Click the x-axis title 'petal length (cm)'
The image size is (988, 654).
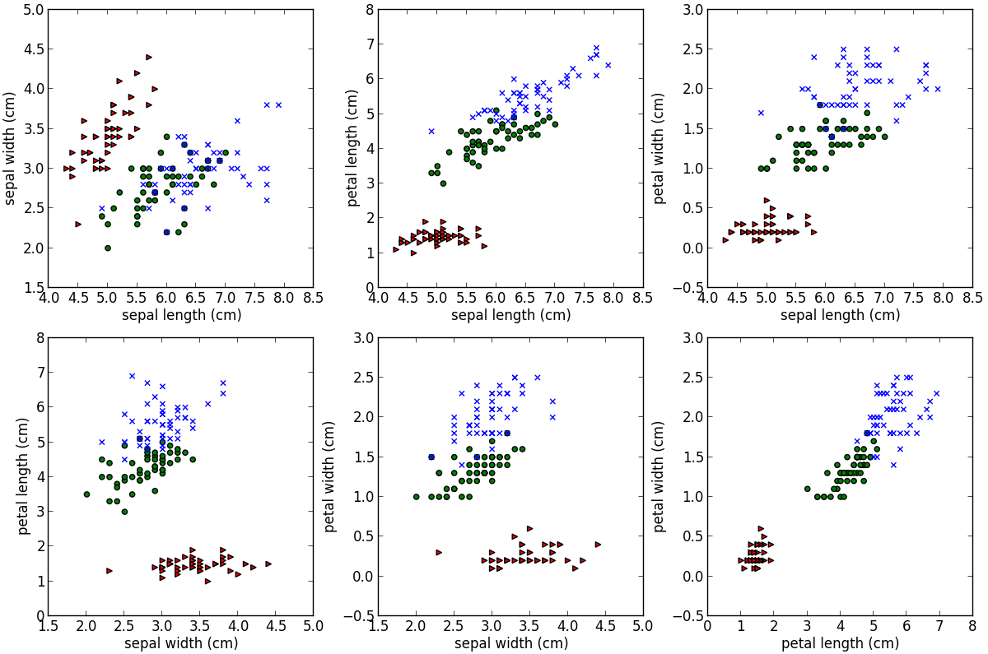click(x=840, y=643)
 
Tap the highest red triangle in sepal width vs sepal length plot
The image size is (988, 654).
click(x=149, y=57)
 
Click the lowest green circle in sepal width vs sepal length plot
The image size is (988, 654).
click(x=107, y=248)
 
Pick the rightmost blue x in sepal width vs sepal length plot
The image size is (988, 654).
click(x=278, y=104)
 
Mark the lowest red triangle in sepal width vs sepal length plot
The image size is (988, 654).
click(x=78, y=224)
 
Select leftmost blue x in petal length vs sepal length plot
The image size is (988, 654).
click(x=431, y=131)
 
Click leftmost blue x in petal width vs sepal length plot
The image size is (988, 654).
click(x=761, y=113)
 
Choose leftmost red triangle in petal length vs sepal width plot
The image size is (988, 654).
click(x=109, y=570)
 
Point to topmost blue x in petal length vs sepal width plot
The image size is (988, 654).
click(x=132, y=376)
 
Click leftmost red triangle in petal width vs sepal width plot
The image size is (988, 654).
click(x=439, y=552)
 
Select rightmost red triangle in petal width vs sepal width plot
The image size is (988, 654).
click(x=598, y=544)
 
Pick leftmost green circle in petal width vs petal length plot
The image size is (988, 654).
click(x=807, y=489)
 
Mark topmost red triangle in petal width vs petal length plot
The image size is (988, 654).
click(x=761, y=528)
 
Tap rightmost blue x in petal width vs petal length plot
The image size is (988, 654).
click(x=936, y=393)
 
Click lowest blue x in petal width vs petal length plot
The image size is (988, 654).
click(x=892, y=465)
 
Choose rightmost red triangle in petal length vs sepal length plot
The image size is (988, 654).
click(x=484, y=246)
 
